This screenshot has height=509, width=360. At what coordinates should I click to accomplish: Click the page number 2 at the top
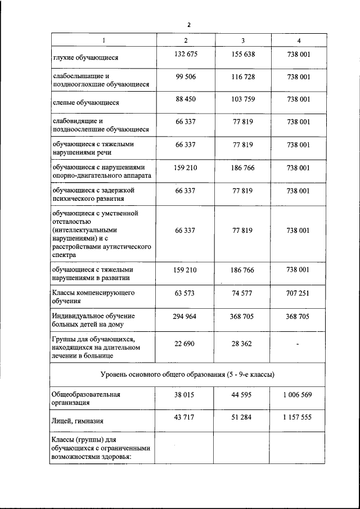(189, 25)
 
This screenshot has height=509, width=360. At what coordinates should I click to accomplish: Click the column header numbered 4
(298, 40)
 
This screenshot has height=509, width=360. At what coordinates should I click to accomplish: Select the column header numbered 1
(103, 40)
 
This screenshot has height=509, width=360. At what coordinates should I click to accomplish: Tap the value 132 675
(185, 54)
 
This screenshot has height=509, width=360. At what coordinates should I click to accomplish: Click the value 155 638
(242, 54)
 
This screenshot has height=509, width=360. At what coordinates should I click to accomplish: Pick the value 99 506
(185, 77)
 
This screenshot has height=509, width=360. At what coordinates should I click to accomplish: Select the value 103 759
(242, 100)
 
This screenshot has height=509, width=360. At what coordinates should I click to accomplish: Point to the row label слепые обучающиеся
(86, 103)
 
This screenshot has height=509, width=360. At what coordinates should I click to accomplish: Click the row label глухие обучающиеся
(85, 57)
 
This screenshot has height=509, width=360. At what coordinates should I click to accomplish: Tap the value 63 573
(185, 293)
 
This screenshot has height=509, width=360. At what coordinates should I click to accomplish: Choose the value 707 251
(298, 293)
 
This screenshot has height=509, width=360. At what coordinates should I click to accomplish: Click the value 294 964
(185, 317)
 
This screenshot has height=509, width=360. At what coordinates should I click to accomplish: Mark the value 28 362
(242, 343)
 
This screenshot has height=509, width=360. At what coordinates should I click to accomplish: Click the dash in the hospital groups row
(298, 344)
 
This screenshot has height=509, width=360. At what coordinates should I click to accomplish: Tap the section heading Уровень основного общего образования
(188, 375)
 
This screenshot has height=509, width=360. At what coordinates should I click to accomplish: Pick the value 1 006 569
(298, 395)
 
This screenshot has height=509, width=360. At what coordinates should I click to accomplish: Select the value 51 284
(242, 417)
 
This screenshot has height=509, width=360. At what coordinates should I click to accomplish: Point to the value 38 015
(185, 395)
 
